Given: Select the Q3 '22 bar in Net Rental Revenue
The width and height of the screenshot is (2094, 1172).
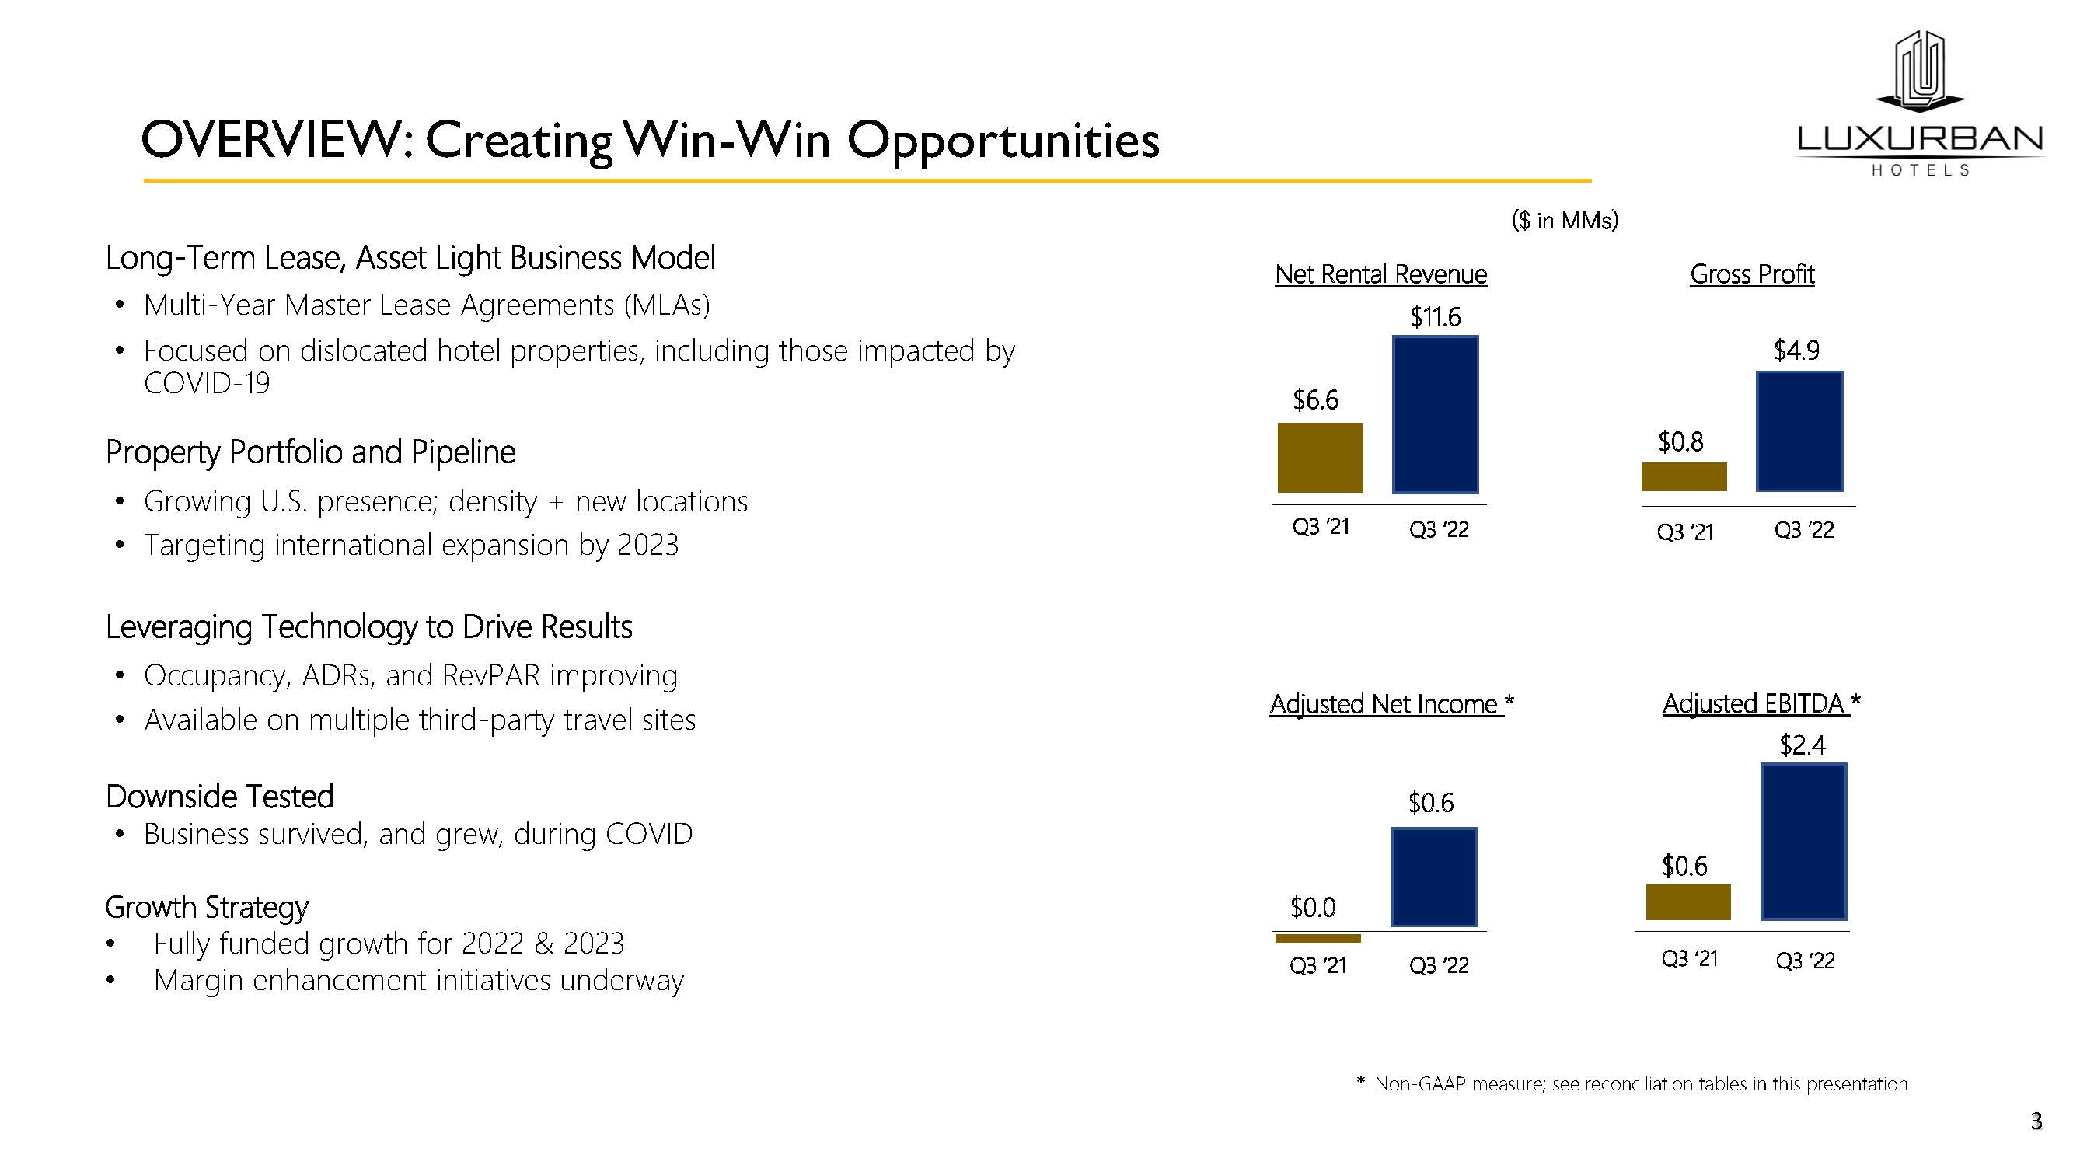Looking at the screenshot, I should (1435, 414).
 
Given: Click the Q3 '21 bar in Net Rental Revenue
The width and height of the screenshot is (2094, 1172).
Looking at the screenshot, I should (1320, 458).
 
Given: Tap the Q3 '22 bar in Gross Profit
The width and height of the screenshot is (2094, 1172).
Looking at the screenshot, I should (1799, 431).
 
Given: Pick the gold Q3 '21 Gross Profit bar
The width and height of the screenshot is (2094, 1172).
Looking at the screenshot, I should (1684, 477).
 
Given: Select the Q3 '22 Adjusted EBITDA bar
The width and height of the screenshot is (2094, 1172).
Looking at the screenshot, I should (1803, 841).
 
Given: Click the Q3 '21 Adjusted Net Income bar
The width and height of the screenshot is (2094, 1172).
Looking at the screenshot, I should (1317, 938).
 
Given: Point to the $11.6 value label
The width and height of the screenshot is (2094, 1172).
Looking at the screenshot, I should (1435, 317).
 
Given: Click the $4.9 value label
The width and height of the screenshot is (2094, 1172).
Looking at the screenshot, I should (1796, 351).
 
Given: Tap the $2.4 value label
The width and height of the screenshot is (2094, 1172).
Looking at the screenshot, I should (1803, 745).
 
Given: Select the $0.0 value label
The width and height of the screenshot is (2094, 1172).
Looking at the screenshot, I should (1313, 907).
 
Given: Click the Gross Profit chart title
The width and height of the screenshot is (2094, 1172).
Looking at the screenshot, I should (1752, 274).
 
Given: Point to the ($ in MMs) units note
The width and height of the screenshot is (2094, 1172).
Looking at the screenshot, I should (1565, 220).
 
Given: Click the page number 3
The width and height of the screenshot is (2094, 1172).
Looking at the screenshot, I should (2036, 1121).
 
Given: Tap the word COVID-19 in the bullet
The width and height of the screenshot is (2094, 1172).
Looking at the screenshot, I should (207, 384).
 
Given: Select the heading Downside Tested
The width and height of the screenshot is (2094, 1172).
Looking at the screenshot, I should (219, 797).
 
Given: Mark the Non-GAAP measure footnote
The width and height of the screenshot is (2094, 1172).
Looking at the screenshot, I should (1632, 1083).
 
